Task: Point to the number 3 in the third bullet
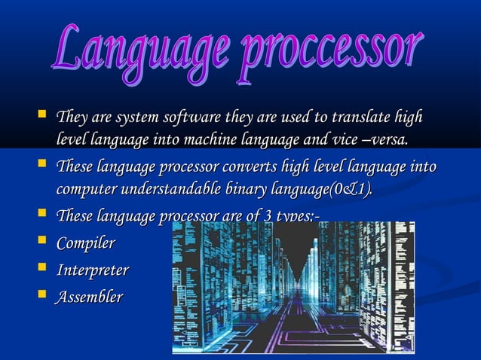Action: tap(272, 218)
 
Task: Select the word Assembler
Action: tap(89, 297)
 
